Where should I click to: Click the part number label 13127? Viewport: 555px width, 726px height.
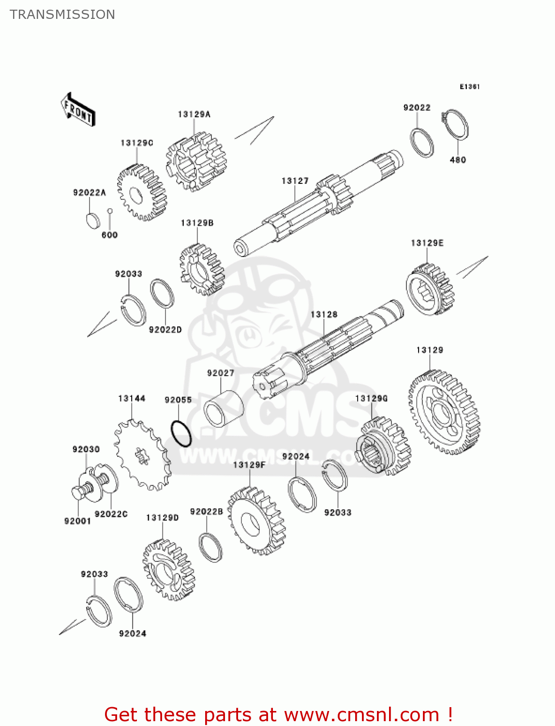click(x=295, y=181)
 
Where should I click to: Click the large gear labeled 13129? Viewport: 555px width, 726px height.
click(x=444, y=413)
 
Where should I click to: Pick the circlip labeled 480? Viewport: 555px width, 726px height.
click(x=457, y=125)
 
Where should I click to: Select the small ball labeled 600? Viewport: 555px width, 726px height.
click(x=110, y=211)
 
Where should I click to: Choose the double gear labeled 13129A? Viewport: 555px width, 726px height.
click(x=196, y=162)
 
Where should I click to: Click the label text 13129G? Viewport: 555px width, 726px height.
click(x=371, y=398)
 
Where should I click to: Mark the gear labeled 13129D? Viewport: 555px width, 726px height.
click(x=168, y=570)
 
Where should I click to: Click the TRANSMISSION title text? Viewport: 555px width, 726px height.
click(x=62, y=15)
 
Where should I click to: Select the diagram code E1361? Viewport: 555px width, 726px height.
click(x=469, y=87)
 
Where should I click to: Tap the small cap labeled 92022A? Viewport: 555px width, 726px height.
click(x=92, y=220)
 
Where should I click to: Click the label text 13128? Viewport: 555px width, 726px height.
click(x=324, y=315)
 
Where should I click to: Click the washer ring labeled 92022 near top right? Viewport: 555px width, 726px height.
click(x=422, y=142)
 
